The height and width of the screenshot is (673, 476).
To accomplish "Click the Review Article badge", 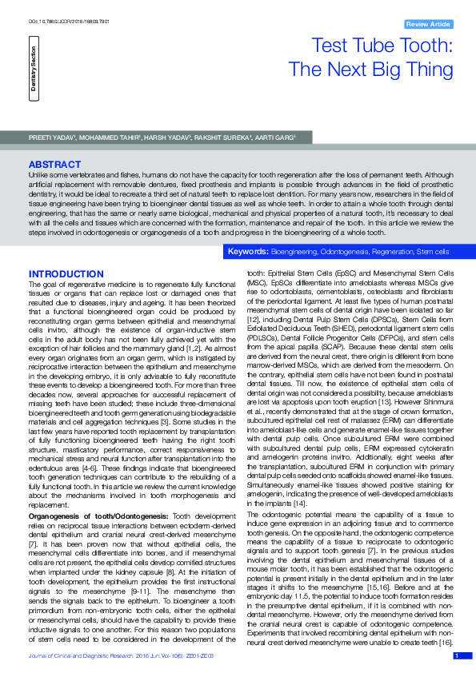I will point(430,25).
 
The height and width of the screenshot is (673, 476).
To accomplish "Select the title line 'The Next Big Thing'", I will point(370,70).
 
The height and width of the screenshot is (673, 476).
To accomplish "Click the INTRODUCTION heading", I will point(66,274).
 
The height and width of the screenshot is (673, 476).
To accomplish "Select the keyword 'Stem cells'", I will point(433,252).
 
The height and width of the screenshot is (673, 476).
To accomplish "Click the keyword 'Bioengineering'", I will point(294,252).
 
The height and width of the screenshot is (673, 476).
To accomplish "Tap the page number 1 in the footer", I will point(457,655).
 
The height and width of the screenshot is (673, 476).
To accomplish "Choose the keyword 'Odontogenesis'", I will point(346,252).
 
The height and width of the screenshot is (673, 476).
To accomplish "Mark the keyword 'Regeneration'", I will point(393,252).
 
